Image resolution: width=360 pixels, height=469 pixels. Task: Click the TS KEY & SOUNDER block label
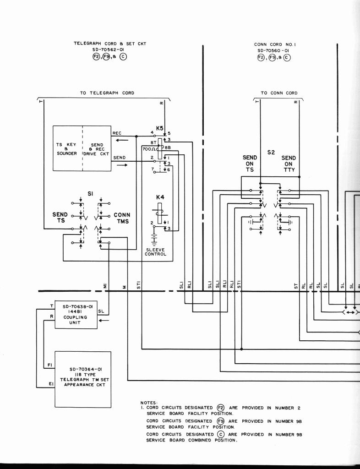coord(67,149)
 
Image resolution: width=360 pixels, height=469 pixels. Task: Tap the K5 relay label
coord(159,129)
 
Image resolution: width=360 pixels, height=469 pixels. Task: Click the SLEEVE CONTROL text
coord(155,252)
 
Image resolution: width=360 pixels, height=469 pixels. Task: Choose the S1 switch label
coord(90,194)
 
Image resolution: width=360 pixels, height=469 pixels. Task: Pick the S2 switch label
coord(271,152)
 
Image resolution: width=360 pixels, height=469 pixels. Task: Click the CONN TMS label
coord(122,218)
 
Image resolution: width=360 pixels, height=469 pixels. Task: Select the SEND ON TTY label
coord(289,164)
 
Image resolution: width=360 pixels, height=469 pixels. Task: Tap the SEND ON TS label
coord(250,164)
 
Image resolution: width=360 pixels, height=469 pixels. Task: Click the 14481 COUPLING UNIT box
coord(76,315)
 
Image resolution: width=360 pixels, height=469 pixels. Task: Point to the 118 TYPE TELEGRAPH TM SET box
coord(83,379)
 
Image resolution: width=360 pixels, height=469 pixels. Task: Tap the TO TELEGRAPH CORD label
coord(107,93)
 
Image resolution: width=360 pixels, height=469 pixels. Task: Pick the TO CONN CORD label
coord(279,93)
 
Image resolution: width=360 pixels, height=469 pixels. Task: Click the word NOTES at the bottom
coord(149,403)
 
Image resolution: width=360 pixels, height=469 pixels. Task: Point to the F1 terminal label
coord(50,365)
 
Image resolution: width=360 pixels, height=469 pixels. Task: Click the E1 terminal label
coord(50,384)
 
